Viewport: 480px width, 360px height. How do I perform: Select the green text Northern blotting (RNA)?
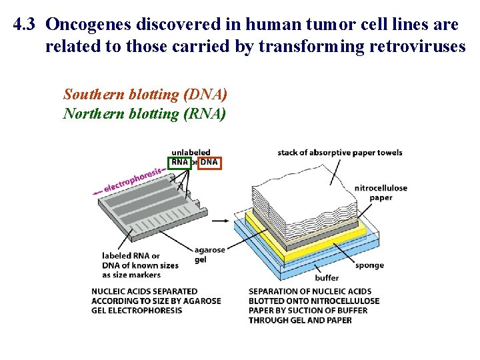tap(145, 114)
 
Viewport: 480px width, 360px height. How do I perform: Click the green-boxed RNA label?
tap(179, 162)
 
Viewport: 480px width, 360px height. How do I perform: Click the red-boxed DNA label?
tap(209, 162)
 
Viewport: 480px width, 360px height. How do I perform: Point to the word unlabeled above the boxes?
tap(191, 152)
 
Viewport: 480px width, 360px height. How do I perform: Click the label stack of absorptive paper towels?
tap(340, 153)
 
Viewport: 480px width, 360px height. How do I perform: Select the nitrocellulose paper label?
tap(381, 193)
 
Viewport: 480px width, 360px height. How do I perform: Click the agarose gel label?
tap(210, 255)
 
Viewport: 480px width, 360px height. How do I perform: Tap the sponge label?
tap(369, 265)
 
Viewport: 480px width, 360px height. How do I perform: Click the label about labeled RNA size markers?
tap(140, 265)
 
